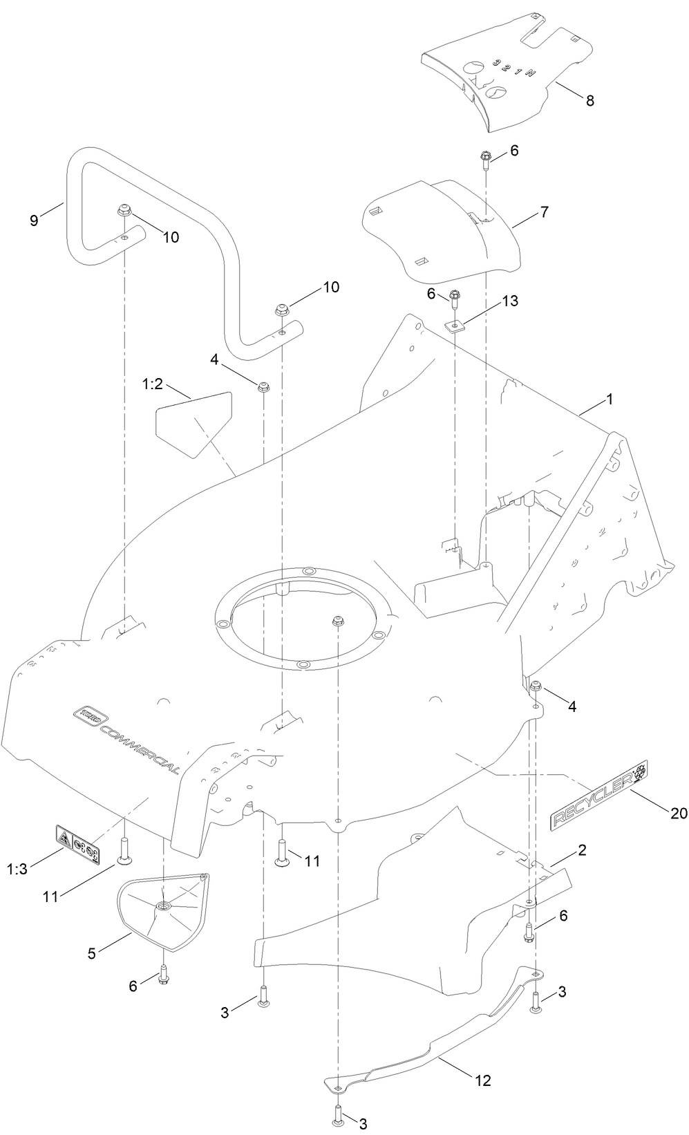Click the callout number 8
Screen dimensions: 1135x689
(x=589, y=100)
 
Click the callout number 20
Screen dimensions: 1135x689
(x=679, y=813)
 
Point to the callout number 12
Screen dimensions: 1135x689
(x=482, y=1080)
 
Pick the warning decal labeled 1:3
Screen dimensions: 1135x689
(x=77, y=841)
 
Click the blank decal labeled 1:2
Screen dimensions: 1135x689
(x=190, y=422)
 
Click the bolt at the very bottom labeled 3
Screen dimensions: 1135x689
(x=337, y=1114)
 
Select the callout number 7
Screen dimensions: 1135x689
(x=545, y=212)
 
